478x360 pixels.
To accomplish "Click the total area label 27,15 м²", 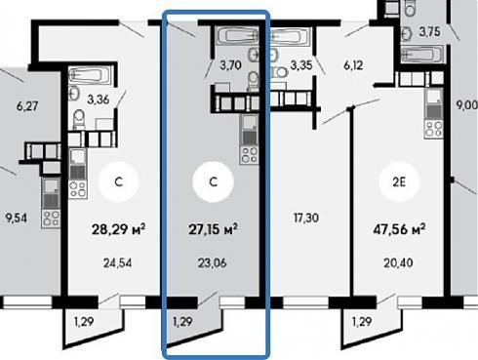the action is point(213,229).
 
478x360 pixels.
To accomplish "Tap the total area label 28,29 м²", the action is point(118,229).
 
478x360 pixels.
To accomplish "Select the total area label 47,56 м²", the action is point(399,229).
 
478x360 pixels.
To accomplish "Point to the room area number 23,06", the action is point(212,262).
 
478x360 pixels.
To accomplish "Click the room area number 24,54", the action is point(118,262).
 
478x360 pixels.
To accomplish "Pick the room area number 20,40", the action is point(398,262).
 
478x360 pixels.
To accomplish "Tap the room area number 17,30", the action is point(306,218).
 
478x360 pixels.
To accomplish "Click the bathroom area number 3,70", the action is point(230,65).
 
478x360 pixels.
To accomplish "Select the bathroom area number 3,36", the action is point(98,100).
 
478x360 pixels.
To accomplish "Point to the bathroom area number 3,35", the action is point(301,65).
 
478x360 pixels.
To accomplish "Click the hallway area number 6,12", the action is point(353,65).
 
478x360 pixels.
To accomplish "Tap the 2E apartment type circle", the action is point(399,181).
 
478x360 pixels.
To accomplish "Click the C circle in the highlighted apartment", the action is point(213,181).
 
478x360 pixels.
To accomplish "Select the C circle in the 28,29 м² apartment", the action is point(119,181).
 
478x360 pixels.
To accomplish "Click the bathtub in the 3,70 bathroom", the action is point(238,35).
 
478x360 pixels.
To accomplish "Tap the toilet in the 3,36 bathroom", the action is point(78,119).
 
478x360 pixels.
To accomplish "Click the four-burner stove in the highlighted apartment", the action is point(250,155).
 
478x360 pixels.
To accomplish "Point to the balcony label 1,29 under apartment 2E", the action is point(362,322).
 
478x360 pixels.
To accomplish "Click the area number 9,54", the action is point(17,218).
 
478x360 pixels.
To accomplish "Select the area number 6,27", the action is point(27,106).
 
